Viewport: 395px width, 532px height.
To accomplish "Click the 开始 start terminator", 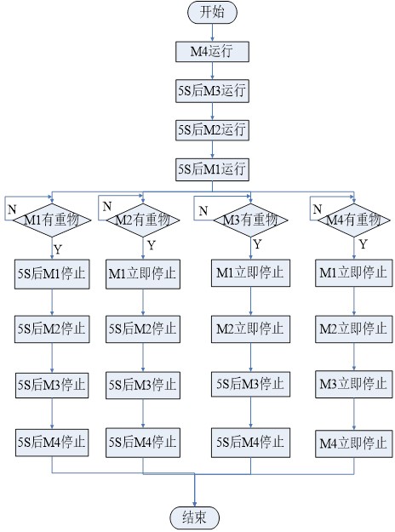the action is click(212, 12).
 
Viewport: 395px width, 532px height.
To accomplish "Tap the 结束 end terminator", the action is click(194, 518).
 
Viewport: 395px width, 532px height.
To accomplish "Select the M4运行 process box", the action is click(212, 52).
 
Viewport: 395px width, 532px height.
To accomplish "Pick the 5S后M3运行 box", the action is click(212, 90).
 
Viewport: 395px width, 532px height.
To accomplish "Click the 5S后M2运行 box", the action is click(212, 130).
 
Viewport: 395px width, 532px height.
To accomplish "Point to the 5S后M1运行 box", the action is click(212, 169).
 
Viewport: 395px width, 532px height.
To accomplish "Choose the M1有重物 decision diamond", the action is click(52, 220).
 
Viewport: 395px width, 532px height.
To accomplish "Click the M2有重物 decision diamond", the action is click(143, 220).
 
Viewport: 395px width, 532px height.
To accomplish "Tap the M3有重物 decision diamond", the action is click(250, 220).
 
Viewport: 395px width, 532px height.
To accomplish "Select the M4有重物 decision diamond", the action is click(354, 220).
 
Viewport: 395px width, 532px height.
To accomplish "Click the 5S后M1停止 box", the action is click(52, 274).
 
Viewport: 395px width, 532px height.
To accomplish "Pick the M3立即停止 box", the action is click(354, 385).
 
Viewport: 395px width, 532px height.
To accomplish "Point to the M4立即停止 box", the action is click(354, 443).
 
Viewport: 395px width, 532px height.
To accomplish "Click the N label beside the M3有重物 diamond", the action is click(203, 211).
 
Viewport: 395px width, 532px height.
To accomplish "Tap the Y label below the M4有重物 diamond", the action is click(364, 244).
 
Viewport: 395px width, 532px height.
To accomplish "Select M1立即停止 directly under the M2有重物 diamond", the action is click(143, 274).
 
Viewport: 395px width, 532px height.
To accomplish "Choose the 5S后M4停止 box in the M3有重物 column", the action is click(250, 443).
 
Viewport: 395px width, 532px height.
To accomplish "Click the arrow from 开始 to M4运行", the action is click(212, 32).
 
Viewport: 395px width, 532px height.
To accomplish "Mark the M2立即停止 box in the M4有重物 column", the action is click(354, 329).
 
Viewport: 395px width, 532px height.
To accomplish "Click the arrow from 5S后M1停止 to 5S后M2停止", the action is click(52, 302).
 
